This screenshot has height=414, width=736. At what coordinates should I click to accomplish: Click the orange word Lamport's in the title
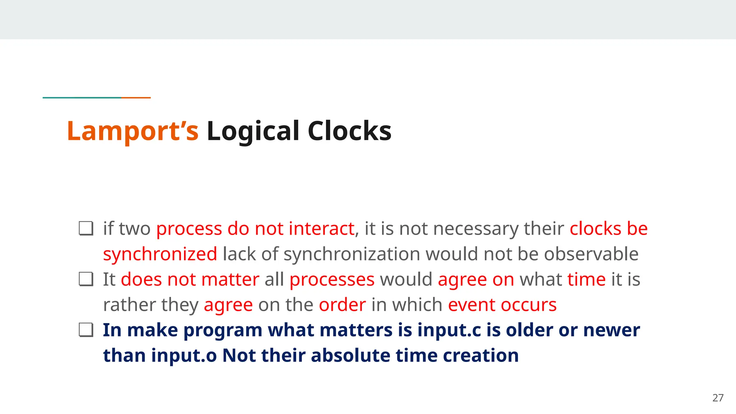pyautogui.click(x=132, y=131)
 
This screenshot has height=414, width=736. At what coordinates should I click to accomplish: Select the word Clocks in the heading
pyautogui.click(x=349, y=131)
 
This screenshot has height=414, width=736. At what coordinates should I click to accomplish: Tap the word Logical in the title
pyautogui.click(x=253, y=131)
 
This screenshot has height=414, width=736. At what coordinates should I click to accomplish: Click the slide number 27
pyautogui.click(x=718, y=398)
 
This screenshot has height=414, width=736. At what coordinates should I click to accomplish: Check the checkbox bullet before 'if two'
pyautogui.click(x=86, y=229)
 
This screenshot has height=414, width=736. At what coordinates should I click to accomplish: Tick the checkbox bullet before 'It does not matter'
pyautogui.click(x=86, y=279)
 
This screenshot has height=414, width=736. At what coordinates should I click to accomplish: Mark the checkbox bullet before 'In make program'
pyautogui.click(x=86, y=330)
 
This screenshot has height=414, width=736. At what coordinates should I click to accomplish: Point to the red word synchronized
pyautogui.click(x=160, y=254)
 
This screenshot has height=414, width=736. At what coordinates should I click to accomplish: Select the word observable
pyautogui.click(x=591, y=254)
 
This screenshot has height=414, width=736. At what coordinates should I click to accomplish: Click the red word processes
pyautogui.click(x=332, y=280)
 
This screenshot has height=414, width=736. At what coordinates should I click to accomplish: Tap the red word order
pyautogui.click(x=342, y=305)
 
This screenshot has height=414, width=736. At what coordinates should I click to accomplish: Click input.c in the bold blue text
pyautogui.click(x=449, y=330)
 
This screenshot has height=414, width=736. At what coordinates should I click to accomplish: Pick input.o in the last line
pyautogui.click(x=184, y=356)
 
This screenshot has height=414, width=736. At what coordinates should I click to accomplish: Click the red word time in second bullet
pyautogui.click(x=586, y=280)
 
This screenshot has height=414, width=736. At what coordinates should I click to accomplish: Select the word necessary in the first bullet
pyautogui.click(x=475, y=229)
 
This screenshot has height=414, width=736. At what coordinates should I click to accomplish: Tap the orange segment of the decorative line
pyautogui.click(x=136, y=97)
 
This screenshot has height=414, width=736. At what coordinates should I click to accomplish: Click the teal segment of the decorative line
pyautogui.click(x=82, y=97)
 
